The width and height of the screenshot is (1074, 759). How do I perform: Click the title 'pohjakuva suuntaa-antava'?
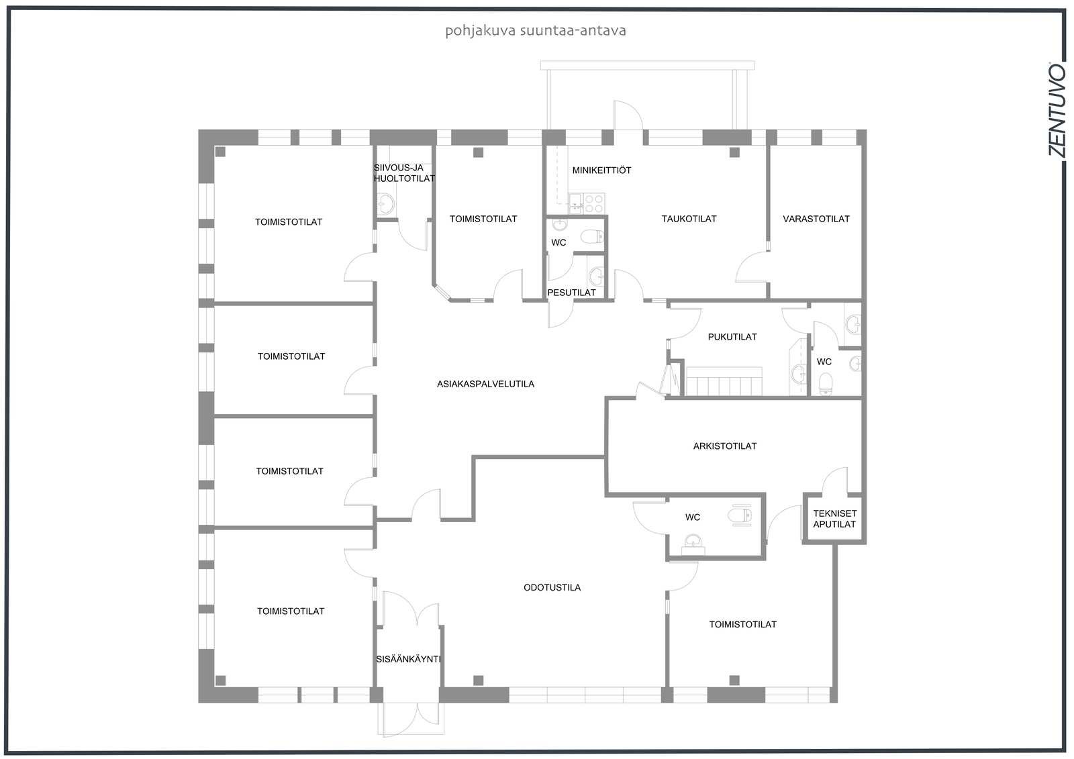tap(536, 31)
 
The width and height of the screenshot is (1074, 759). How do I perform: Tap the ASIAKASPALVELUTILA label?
tap(485, 384)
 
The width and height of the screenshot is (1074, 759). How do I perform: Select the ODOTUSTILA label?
tap(552, 587)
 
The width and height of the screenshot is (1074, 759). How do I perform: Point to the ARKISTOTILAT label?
tap(725, 446)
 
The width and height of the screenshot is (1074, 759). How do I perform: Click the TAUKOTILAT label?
tap(689, 219)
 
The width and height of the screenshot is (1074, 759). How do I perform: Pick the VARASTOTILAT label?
tap(816, 219)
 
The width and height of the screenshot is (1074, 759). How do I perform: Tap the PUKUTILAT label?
tap(732, 337)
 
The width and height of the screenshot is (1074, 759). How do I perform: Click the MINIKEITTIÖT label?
tap(601, 170)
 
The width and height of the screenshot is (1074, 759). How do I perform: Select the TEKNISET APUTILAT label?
tap(835, 519)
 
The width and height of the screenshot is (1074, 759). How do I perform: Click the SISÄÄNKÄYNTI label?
tap(408, 659)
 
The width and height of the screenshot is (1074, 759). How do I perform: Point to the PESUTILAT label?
tap(571, 293)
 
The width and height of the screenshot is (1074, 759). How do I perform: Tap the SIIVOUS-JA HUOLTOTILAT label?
tap(404, 173)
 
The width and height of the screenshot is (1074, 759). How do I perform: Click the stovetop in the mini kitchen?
tap(594, 203)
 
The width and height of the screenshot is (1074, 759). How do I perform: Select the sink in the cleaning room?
tap(385, 205)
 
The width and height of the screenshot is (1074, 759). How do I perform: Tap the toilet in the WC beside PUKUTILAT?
tap(826, 384)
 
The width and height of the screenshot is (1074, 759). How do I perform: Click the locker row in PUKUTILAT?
tap(724, 382)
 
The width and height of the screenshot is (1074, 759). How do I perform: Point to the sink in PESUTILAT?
tap(596, 276)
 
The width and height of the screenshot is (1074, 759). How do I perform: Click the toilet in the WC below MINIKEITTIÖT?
tap(592, 236)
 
